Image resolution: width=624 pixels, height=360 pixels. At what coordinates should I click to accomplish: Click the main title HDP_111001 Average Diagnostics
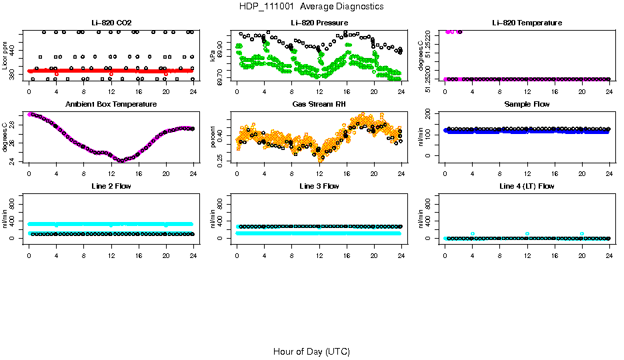point(311,6)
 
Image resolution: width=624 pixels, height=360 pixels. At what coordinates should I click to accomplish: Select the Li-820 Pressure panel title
point(319,23)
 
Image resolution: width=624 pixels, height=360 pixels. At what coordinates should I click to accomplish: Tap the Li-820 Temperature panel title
point(527,23)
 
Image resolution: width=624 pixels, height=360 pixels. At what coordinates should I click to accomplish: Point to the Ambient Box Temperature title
point(111,105)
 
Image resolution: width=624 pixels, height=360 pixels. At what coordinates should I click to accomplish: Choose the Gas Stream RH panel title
point(319,105)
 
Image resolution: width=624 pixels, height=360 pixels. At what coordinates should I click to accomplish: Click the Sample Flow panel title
point(527,105)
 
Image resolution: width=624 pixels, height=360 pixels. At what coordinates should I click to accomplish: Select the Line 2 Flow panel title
point(111,187)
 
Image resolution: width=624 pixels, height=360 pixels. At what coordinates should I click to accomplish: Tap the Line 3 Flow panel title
point(319,187)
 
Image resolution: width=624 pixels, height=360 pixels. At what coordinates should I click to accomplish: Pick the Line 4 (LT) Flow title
point(527,187)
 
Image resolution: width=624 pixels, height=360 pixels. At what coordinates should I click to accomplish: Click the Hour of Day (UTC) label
point(311,351)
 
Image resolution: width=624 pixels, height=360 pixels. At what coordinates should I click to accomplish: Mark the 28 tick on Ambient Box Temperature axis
point(14,123)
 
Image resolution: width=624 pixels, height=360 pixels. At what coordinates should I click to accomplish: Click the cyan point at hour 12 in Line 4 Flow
point(527,233)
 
